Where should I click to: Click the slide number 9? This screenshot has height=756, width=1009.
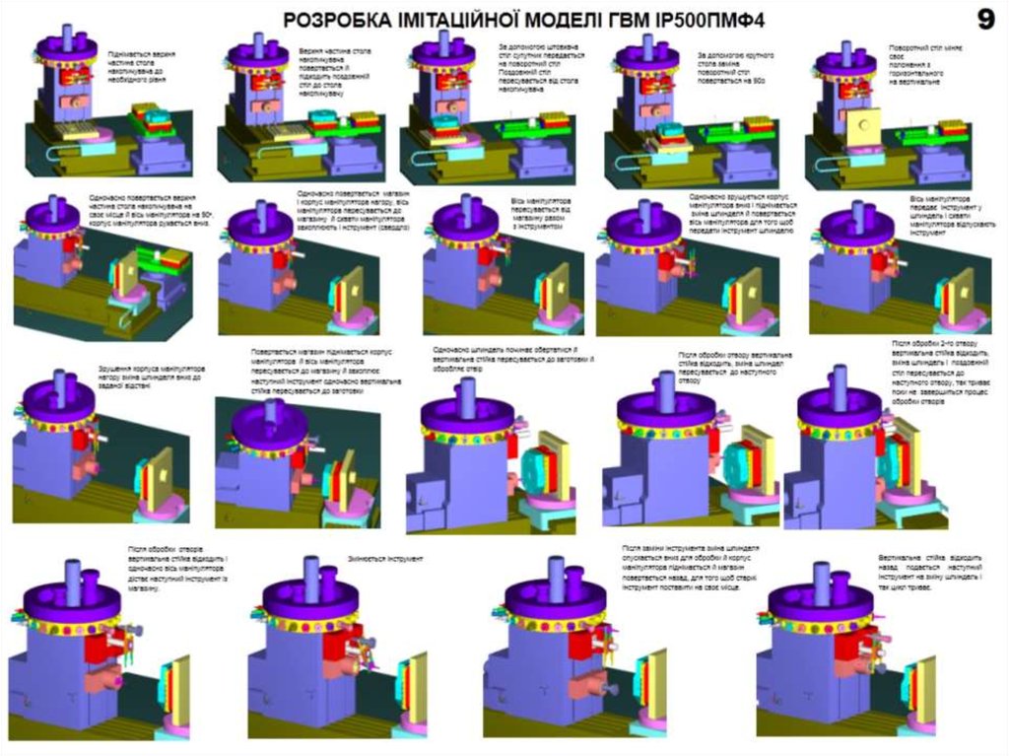coord(984,19)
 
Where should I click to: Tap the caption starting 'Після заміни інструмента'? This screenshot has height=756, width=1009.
coord(691,567)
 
